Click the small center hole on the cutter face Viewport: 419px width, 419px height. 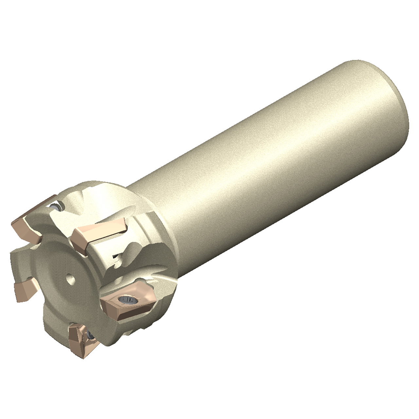[70, 278]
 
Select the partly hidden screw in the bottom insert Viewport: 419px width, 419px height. [89, 335]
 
